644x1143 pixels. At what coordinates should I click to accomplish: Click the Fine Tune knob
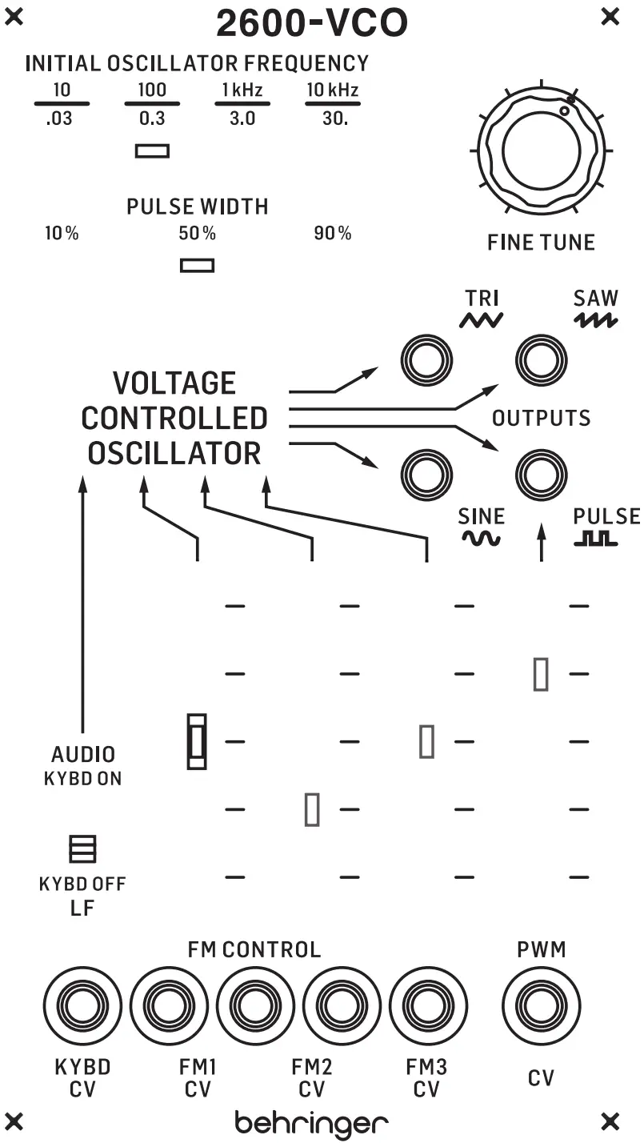click(541, 150)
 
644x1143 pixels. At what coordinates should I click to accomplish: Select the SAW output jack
click(541, 354)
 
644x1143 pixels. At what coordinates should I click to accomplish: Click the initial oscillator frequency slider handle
click(152, 150)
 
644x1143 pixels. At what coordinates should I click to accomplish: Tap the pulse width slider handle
click(197, 265)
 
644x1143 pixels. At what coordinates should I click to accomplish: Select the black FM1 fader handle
click(197, 741)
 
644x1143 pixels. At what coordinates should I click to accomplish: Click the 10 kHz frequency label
click(332, 90)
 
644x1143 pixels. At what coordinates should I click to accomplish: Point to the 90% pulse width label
click(332, 234)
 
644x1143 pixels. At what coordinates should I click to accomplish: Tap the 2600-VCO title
click(312, 24)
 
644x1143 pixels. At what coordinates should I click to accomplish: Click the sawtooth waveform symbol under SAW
click(595, 320)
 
